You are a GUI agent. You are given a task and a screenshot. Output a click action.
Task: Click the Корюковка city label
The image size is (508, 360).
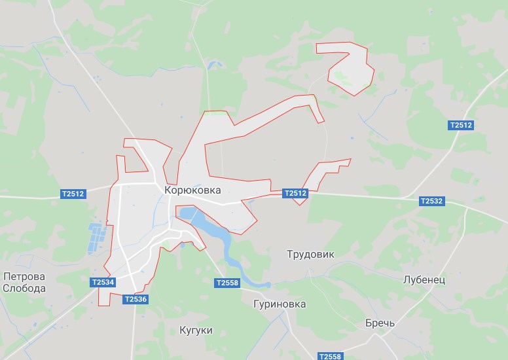coord(193,190)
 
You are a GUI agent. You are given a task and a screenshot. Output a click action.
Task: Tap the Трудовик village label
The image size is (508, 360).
coord(311,255)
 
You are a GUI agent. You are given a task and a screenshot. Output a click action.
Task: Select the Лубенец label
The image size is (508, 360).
coord(424,279)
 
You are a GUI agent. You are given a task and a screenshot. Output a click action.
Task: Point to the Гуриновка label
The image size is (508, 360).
coord(280,304)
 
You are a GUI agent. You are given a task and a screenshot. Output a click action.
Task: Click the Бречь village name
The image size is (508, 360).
coord(380,324)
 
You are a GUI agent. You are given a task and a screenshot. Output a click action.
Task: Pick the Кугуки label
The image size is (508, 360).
coord(196,331)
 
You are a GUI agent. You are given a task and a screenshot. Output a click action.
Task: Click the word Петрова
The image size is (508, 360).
coord(24,276)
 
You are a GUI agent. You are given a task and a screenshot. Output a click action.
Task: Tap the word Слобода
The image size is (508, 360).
coord(24,288)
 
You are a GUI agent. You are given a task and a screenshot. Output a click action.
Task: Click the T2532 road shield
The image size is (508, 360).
coord(431,201)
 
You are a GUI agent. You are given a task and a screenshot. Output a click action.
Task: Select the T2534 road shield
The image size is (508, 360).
coord(103,282)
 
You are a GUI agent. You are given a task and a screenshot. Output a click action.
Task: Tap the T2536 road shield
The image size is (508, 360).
coord(136,299)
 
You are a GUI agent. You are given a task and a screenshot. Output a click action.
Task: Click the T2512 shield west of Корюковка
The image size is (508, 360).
coord(73,194)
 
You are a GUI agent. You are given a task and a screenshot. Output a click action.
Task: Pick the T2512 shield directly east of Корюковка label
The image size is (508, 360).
coord(295,194)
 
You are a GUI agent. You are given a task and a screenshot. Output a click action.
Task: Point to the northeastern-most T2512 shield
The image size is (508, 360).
coord(461,125)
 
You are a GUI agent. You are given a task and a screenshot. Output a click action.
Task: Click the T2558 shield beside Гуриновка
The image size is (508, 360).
coord(227,283)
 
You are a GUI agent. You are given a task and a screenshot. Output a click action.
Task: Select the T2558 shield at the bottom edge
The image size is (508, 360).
coord(330,356)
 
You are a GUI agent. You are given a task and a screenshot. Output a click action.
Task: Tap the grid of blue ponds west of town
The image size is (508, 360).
coord(97,238)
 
